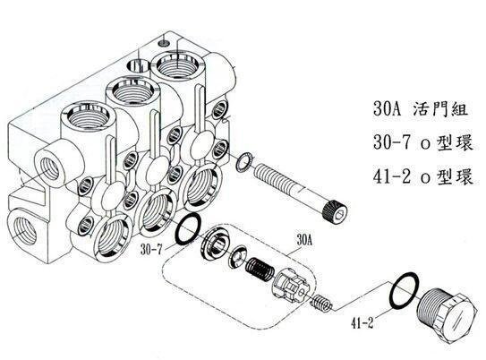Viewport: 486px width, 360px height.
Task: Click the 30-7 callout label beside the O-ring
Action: pos(151,250)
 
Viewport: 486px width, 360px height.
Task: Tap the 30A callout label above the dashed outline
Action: pos(304,240)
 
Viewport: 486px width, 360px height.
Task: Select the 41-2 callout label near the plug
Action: pos(362,322)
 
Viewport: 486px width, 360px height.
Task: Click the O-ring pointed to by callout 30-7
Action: pos(188,229)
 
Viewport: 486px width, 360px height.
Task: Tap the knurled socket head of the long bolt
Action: pos(335,210)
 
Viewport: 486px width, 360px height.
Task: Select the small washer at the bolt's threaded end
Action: pos(244,161)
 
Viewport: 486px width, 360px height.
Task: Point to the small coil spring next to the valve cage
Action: pos(321,303)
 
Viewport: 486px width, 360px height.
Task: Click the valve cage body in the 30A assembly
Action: pos(291,285)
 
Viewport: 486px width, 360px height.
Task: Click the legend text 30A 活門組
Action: pos(421,108)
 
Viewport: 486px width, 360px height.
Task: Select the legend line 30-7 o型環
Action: pos(423,143)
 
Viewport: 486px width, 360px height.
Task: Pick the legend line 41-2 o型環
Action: pos(423,177)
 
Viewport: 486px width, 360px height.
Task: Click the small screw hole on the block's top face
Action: pos(164,42)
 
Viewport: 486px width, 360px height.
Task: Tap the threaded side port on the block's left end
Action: pos(49,169)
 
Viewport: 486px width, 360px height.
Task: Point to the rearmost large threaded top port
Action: pos(177,65)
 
